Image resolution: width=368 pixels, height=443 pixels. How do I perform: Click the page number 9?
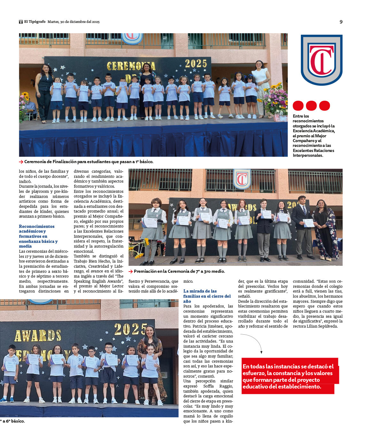click(341, 22)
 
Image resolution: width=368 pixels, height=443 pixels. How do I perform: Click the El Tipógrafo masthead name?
click(35, 22)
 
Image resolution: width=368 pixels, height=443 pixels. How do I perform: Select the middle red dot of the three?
click(311, 105)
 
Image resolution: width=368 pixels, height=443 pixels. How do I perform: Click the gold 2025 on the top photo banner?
click(196, 64)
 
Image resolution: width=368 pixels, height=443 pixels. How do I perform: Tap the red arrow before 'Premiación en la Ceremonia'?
click(130, 272)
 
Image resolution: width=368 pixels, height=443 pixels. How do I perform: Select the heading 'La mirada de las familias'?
click(207, 296)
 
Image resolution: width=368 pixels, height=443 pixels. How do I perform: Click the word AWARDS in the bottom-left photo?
click(38, 336)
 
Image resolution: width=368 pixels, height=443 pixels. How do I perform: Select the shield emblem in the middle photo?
click(242, 179)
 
